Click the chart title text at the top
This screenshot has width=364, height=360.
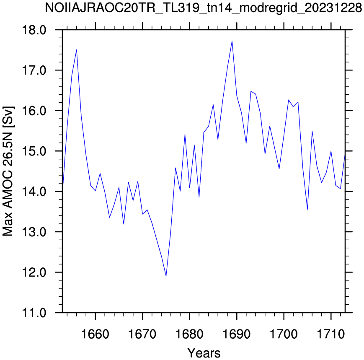pos(203,8)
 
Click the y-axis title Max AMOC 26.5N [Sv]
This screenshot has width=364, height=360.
pos(8,171)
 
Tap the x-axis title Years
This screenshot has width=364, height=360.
pos(204,353)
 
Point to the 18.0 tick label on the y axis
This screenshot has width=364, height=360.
pos(34,30)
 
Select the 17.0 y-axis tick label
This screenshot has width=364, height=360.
pos(34,70)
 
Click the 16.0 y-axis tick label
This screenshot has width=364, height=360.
pos(34,111)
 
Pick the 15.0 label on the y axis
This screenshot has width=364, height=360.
pos(34,151)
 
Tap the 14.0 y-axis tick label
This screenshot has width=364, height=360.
pos(34,192)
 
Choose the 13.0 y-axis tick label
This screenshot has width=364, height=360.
pos(34,232)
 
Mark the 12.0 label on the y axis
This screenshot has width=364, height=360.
pos(34,272)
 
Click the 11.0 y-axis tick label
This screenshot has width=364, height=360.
pos(34,313)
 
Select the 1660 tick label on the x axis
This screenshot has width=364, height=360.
pos(95,334)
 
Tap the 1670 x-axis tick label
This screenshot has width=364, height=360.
pos(142,334)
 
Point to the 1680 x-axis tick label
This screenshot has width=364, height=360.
pos(189,334)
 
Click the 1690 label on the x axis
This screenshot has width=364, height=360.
pos(237,334)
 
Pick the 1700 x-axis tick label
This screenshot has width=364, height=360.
pos(284,334)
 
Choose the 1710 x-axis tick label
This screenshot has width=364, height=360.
pos(331,334)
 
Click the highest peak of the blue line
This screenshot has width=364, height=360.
pos(232,41)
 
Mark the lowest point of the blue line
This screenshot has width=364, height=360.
pos(166,276)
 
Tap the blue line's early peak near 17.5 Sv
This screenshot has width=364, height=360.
pos(76,50)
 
